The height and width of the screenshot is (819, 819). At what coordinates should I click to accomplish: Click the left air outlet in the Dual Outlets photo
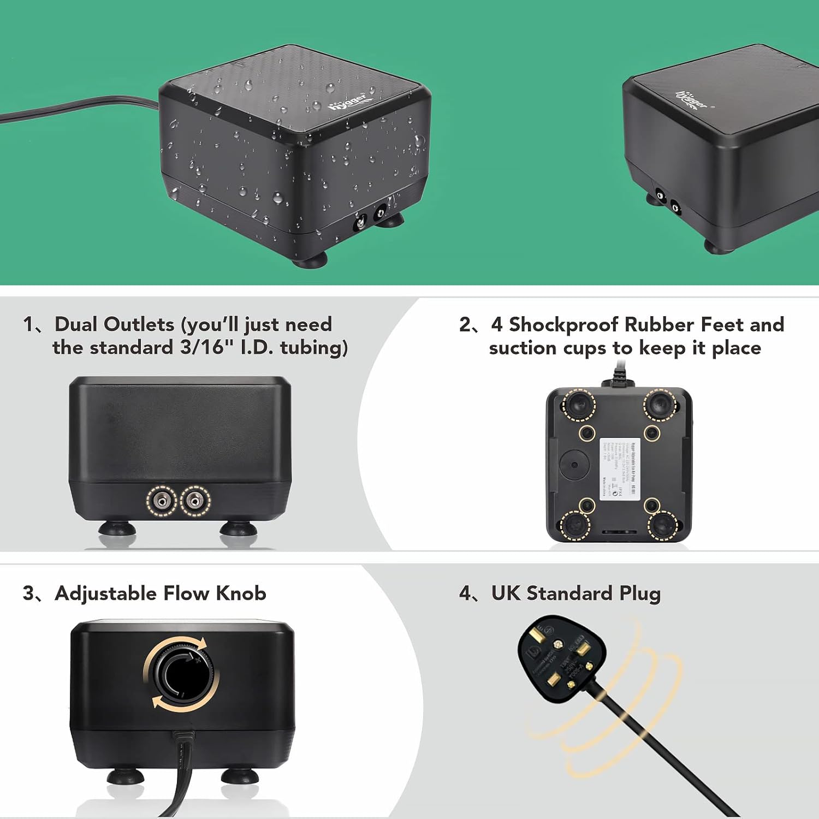tap(162, 500)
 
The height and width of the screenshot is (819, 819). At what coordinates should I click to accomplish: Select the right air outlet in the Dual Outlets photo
tap(195, 500)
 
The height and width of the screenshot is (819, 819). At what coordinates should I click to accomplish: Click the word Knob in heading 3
tap(240, 593)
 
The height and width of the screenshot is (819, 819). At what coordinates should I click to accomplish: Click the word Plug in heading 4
tap(639, 594)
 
